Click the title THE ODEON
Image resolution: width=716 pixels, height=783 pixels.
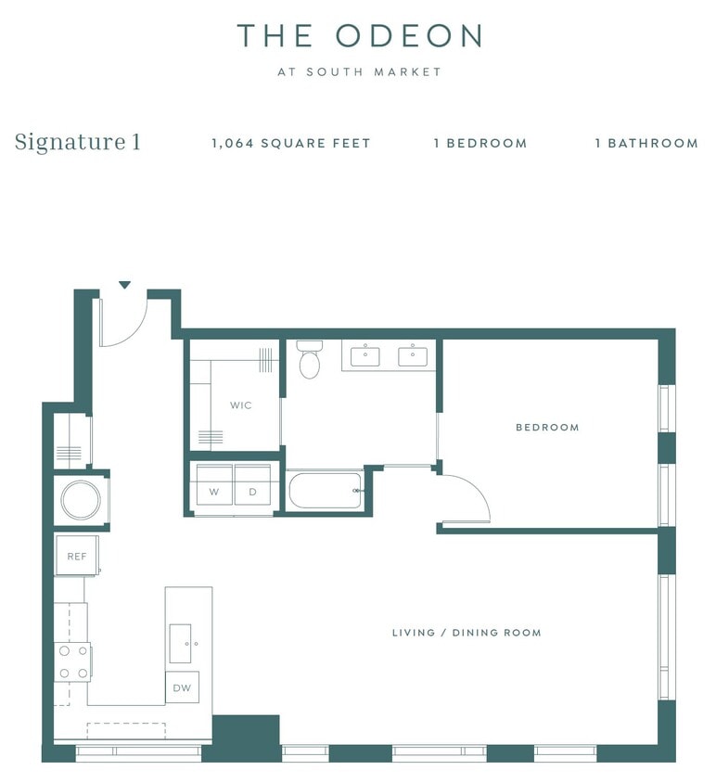(x=359, y=36)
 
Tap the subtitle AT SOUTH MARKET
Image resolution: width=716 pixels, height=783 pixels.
(x=359, y=72)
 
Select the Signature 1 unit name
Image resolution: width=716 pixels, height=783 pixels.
(x=78, y=143)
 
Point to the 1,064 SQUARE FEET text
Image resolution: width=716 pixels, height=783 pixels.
(x=290, y=144)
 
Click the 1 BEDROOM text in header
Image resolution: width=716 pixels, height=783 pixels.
(x=480, y=144)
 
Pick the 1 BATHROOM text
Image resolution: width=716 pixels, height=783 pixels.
(x=646, y=144)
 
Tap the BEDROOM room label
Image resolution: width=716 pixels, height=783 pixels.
(x=547, y=428)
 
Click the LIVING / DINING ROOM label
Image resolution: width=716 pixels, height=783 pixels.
(x=467, y=633)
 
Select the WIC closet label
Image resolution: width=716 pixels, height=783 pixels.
(x=241, y=405)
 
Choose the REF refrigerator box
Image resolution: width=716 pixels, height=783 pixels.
(x=77, y=556)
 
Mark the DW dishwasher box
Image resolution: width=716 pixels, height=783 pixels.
(x=182, y=687)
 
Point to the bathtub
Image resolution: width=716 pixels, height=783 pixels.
(x=325, y=491)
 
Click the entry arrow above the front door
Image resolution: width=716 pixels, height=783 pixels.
(x=124, y=285)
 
